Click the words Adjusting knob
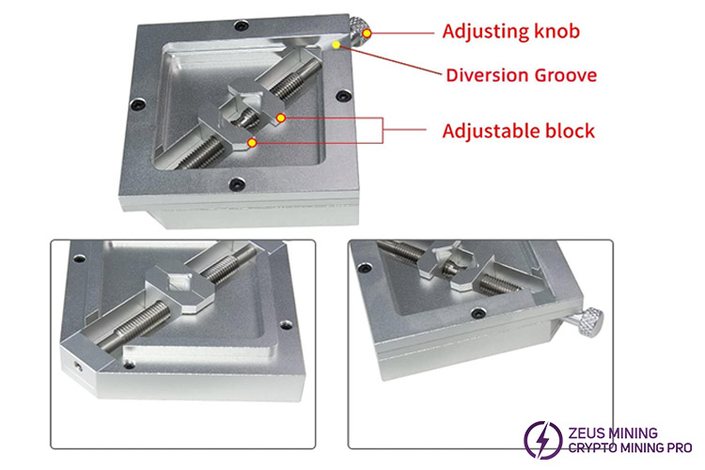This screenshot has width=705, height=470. coord(510,31)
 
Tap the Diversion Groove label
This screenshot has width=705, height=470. coord(521,75)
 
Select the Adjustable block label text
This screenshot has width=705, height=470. coord(518,131)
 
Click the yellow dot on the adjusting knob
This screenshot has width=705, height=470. coord(368,33)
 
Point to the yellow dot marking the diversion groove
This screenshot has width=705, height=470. coord(336,45)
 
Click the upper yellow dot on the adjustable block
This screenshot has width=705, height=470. coord(280,117)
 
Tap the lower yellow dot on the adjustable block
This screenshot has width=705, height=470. coord(252,143)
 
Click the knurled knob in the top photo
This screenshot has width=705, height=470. coord(360,31)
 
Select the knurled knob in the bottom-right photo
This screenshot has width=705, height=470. coord(587,322)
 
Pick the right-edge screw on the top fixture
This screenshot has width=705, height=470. coord(343,96)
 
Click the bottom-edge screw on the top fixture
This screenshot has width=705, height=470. coord(237,183)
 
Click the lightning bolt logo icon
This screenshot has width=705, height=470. coord(543,439)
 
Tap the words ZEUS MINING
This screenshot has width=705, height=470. coord(612,433)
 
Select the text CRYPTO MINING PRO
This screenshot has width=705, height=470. coord(630,448)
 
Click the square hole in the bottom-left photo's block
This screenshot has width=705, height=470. coord(178,282)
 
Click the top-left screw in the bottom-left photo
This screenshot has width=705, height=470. coord(79,258)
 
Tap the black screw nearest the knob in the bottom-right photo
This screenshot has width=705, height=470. coord(478,312)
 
